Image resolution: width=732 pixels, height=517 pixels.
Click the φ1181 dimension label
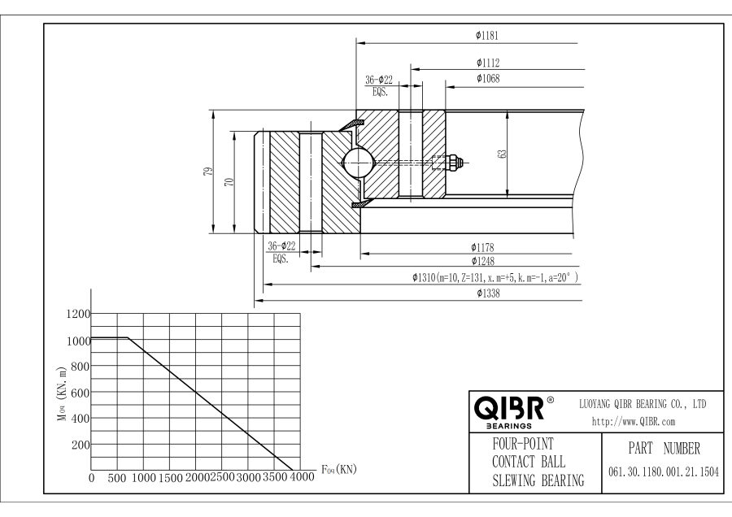[486, 36]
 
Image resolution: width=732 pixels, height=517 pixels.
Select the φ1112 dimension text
[488, 63]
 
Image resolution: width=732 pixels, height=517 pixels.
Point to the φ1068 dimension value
[488, 79]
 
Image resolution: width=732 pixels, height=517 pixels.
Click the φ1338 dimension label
[486, 295]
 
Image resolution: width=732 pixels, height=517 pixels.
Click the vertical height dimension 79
[209, 172]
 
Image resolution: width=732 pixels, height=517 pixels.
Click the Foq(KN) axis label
[338, 469]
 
